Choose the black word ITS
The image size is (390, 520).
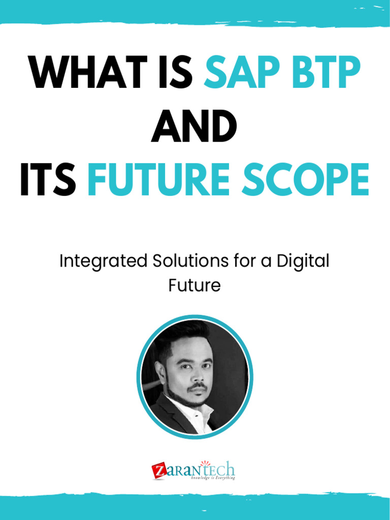(48, 181)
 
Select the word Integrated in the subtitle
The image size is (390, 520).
(102, 262)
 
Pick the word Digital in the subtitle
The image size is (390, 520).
(302, 262)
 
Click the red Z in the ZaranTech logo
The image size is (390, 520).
(158, 471)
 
